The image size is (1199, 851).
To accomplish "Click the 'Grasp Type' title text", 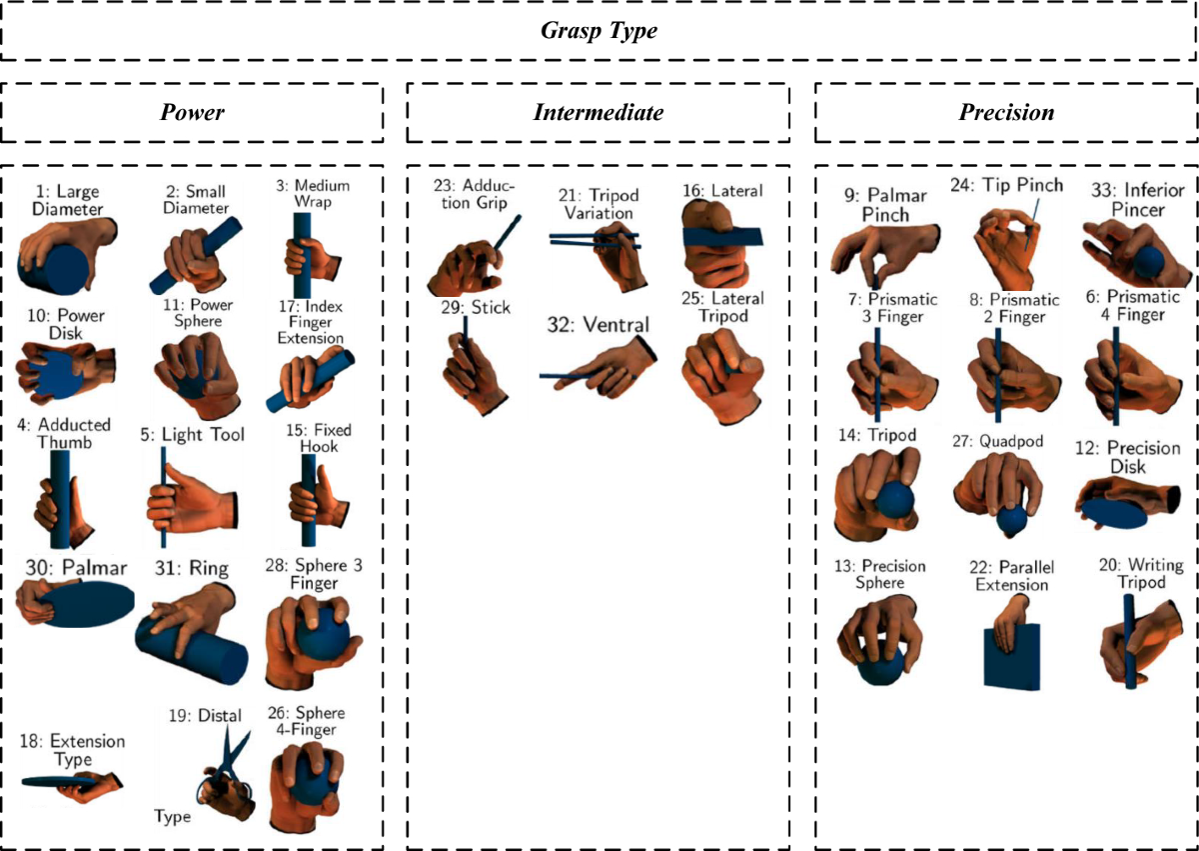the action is point(599,31).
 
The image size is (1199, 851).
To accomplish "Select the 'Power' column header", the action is point(192,112).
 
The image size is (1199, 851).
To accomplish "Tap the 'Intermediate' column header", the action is point(598,112).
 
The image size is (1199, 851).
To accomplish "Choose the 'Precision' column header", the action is point(1005,112).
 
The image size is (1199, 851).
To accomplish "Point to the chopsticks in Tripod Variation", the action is point(590,240).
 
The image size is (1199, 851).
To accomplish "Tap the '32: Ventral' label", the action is point(598,324).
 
